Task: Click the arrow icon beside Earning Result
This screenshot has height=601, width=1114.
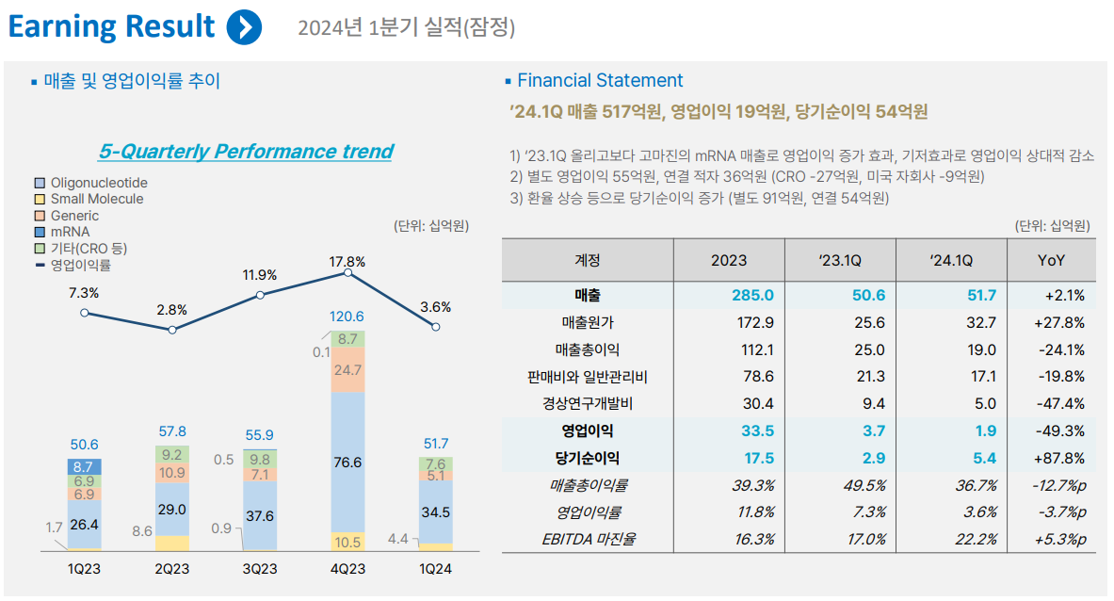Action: [244, 26]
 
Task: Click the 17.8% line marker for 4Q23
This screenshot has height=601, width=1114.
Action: [348, 272]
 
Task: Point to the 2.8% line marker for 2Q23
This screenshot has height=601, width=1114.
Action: [171, 330]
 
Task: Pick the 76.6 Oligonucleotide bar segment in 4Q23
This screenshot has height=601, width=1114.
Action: [348, 463]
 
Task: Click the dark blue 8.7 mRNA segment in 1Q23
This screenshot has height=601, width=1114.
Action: [84, 466]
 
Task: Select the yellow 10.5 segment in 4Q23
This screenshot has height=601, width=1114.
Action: [348, 542]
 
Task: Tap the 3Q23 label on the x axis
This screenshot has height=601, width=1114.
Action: [260, 569]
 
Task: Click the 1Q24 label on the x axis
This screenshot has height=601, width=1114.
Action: [436, 569]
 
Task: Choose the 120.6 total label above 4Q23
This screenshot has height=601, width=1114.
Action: [348, 317]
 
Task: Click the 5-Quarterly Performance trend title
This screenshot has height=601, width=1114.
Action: [246, 151]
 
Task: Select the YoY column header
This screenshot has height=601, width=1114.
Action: [1051, 260]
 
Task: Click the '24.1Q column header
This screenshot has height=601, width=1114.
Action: [951, 260]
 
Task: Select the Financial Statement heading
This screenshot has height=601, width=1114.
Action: [600, 81]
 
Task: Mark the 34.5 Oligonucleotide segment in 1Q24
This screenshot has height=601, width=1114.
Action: [436, 512]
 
